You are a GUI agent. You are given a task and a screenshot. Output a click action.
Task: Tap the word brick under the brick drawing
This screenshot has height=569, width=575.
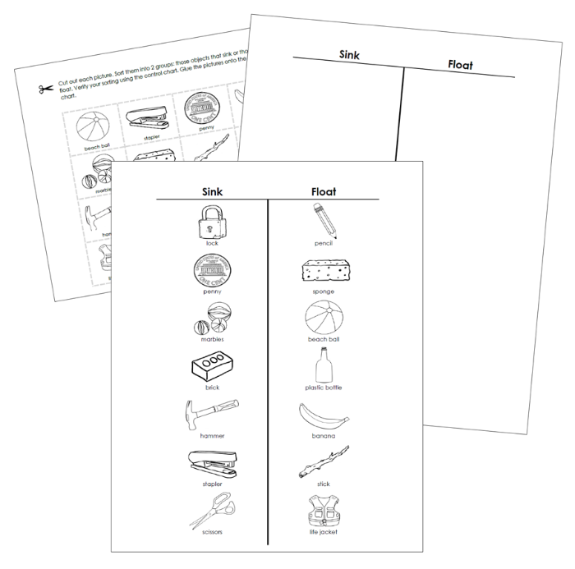coord(213,387)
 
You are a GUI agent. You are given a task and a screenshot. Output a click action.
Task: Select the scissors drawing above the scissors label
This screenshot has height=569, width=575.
coord(213,509)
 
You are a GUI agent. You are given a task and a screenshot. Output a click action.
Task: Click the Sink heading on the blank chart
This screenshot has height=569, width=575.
coord(348,55)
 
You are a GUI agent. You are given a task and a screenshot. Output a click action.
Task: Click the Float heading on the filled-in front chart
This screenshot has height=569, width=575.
coord(324,191)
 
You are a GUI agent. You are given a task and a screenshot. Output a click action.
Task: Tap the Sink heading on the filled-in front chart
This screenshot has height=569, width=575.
coord(213,191)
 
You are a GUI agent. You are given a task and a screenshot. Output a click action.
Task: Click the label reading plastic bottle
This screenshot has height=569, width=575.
coord(324,387)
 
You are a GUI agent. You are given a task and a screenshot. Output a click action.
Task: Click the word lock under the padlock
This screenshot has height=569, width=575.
coord(213,244)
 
